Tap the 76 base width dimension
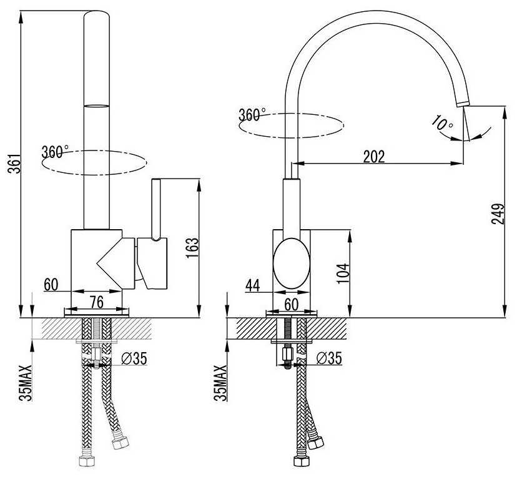96,302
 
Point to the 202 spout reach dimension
374,157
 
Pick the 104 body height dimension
342,272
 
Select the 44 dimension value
253,285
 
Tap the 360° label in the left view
55,152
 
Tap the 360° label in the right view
252,116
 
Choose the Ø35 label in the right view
328,358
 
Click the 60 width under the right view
292,303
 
